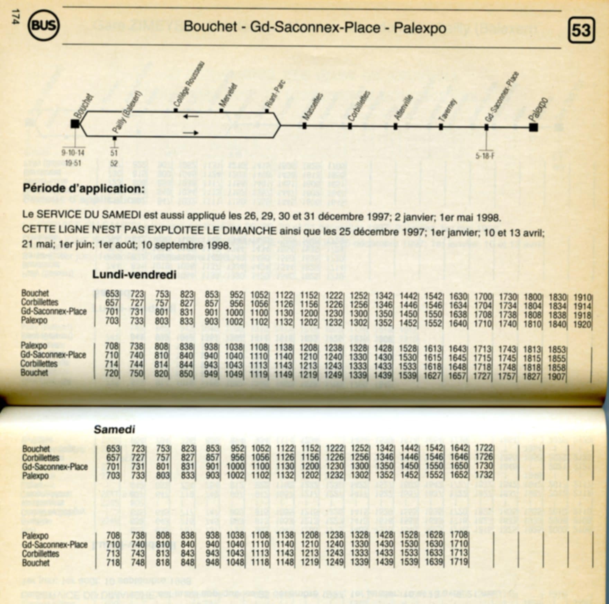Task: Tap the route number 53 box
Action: click(581, 30)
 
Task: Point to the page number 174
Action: click(15, 16)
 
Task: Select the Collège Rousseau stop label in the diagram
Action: click(189, 85)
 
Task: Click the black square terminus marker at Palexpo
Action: click(534, 127)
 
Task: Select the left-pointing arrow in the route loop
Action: click(191, 116)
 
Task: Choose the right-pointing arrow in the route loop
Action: click(191, 133)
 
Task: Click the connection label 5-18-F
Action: click(485, 156)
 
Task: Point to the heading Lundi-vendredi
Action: click(134, 275)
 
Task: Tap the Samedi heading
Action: click(114, 430)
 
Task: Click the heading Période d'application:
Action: click(83, 189)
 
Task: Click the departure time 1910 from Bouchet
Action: click(582, 297)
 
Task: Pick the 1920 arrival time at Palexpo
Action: click(582, 324)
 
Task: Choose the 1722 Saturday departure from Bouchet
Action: click(484, 449)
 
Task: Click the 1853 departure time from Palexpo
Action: click(557, 349)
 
